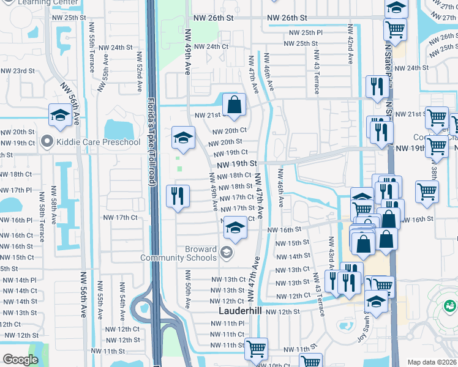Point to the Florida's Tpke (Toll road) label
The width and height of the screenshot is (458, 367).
(151, 141)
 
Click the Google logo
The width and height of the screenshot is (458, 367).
(20, 360)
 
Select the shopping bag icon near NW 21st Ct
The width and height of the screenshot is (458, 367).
(234, 105)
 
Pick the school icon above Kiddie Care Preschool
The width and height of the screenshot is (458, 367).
(60, 114)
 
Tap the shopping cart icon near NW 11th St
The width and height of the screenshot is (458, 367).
(257, 349)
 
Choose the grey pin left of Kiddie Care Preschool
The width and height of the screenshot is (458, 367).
(46, 143)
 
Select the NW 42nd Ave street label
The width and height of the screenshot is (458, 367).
(351, 44)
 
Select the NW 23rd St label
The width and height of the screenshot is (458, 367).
(18, 71)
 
